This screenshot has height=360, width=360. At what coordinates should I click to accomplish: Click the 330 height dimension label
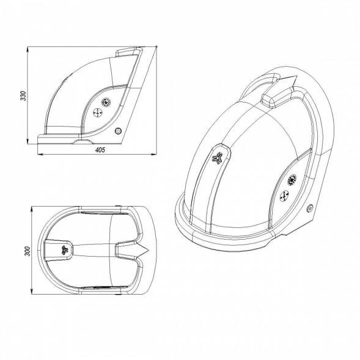click(23, 95)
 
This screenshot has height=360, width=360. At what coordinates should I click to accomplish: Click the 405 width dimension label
click(100, 150)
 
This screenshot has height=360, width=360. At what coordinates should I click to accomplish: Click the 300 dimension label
click(27, 251)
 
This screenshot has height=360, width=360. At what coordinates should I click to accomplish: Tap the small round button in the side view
click(118, 131)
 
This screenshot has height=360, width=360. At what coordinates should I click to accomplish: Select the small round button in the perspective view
click(310, 208)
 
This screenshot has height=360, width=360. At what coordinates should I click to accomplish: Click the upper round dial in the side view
click(106, 102)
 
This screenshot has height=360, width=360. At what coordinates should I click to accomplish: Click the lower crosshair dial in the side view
click(98, 112)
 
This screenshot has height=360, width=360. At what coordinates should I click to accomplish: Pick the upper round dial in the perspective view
click(292, 180)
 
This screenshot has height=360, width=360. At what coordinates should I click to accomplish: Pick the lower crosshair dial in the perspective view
click(284, 196)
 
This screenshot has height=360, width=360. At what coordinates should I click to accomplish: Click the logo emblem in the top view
click(64, 250)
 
